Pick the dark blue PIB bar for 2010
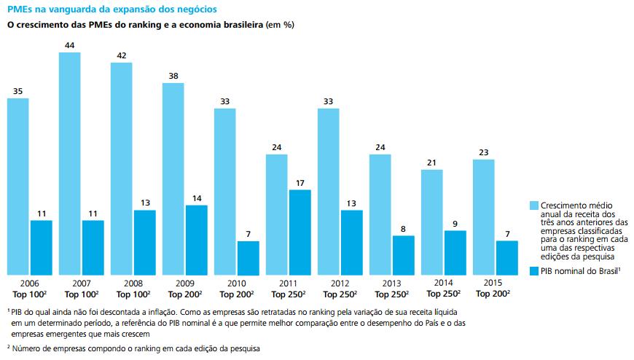pyautogui.click(x=248, y=257)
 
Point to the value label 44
pyautogui.click(x=70, y=46)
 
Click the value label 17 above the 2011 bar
pyautogui.click(x=300, y=183)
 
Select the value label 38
pyautogui.click(x=173, y=77)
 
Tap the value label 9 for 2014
pyautogui.click(x=455, y=224)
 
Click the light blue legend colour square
pyautogui.click(x=533, y=206)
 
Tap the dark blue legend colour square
pyautogui.click(x=533, y=272)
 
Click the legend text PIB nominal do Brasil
pyautogui.click(x=579, y=272)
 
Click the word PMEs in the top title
pyautogui.click(x=19, y=9)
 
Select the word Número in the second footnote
pyautogui.click(x=27, y=348)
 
